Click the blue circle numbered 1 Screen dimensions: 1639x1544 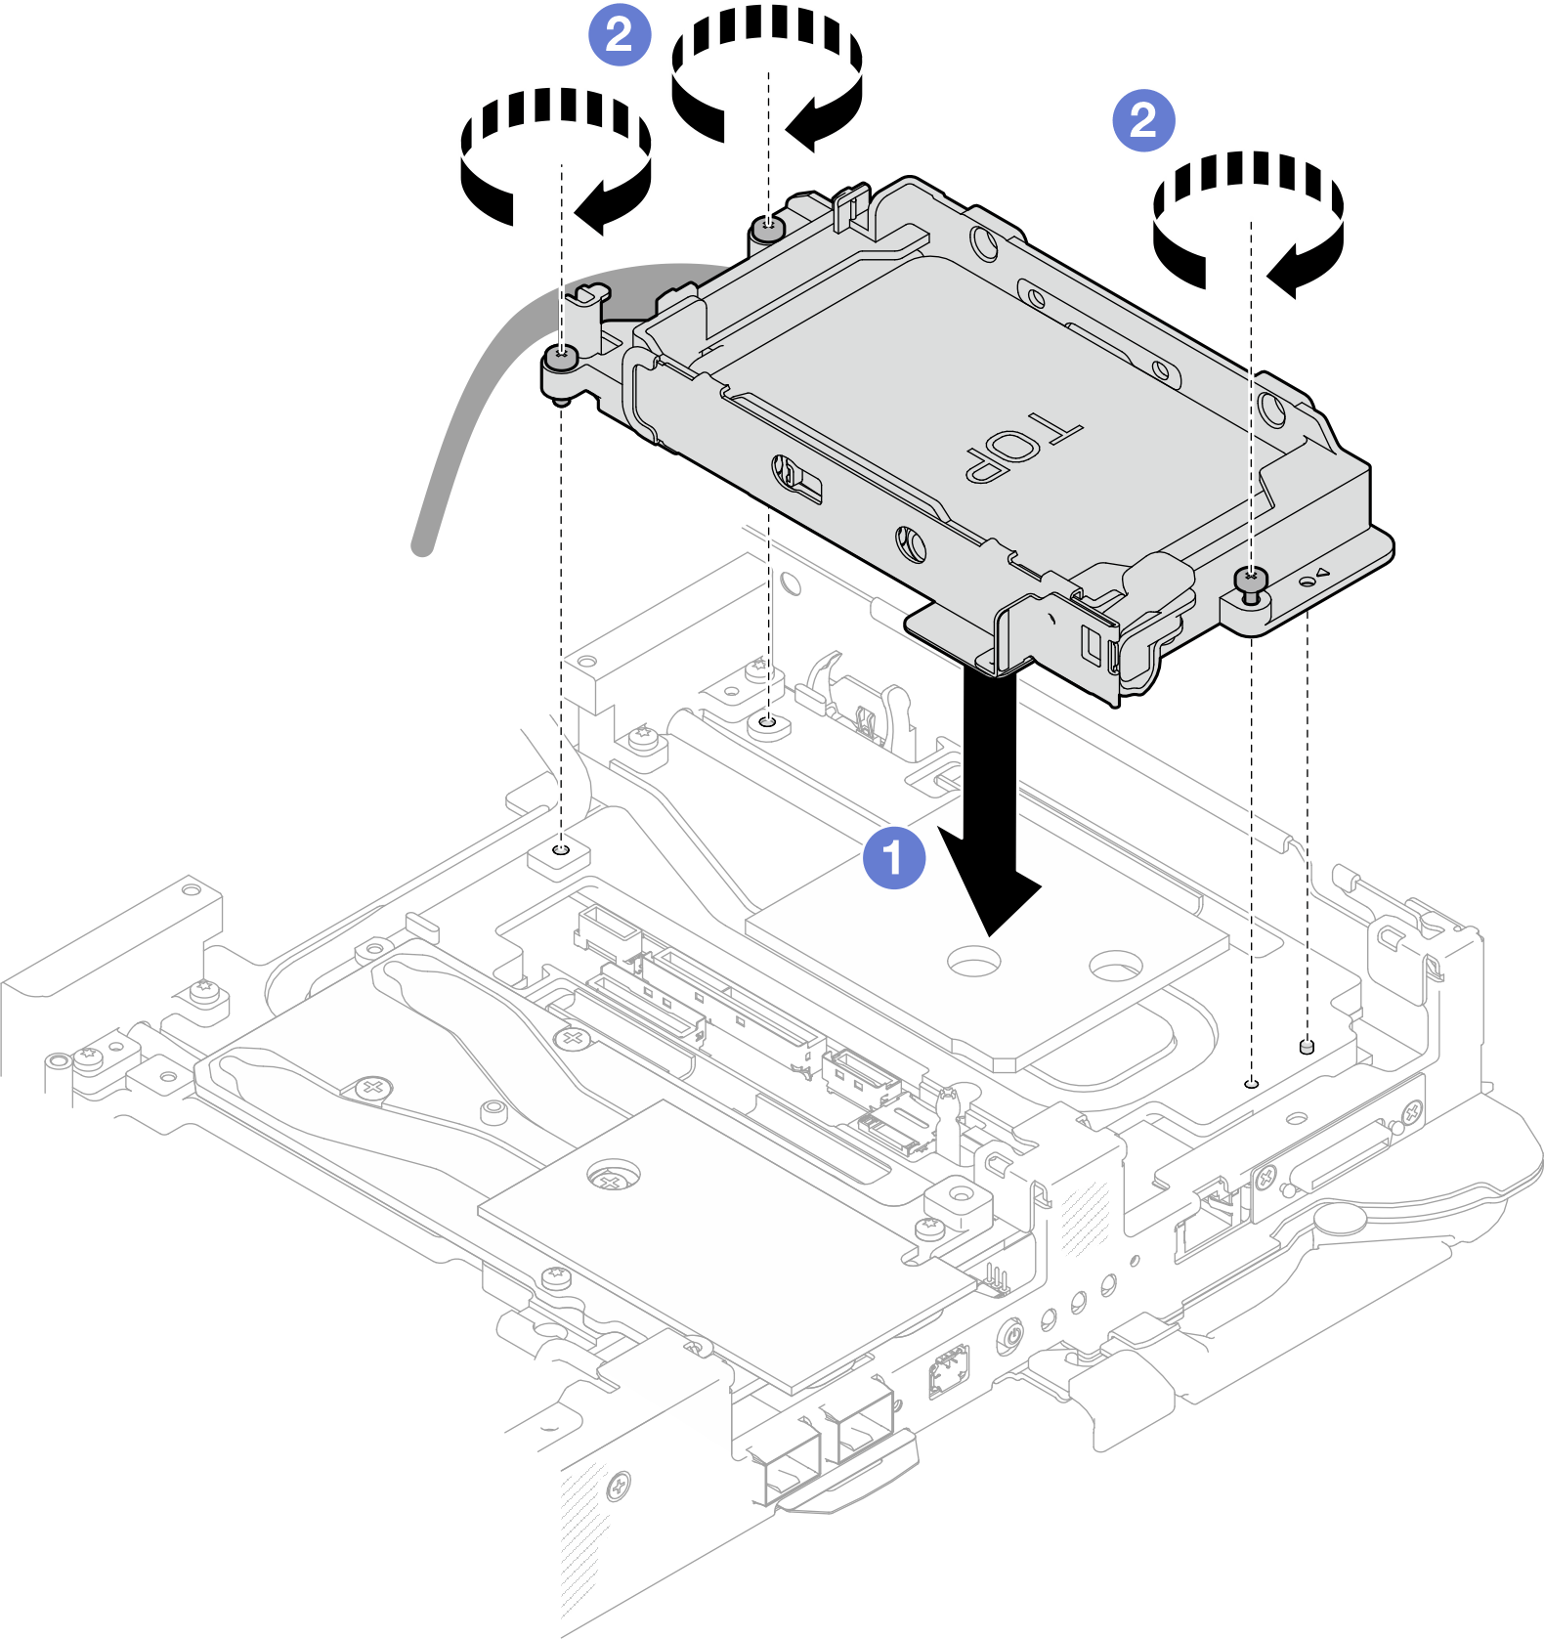click(893, 858)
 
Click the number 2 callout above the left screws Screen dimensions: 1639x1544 click(620, 35)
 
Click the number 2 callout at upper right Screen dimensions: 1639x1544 click(1143, 120)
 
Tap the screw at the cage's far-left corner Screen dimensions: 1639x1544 click(561, 359)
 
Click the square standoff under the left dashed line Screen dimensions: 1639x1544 click(560, 857)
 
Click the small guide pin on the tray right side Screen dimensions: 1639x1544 click(1307, 1047)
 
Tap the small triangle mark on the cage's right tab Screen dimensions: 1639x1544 click(1321, 573)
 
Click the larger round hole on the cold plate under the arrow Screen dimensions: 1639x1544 click(972, 961)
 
